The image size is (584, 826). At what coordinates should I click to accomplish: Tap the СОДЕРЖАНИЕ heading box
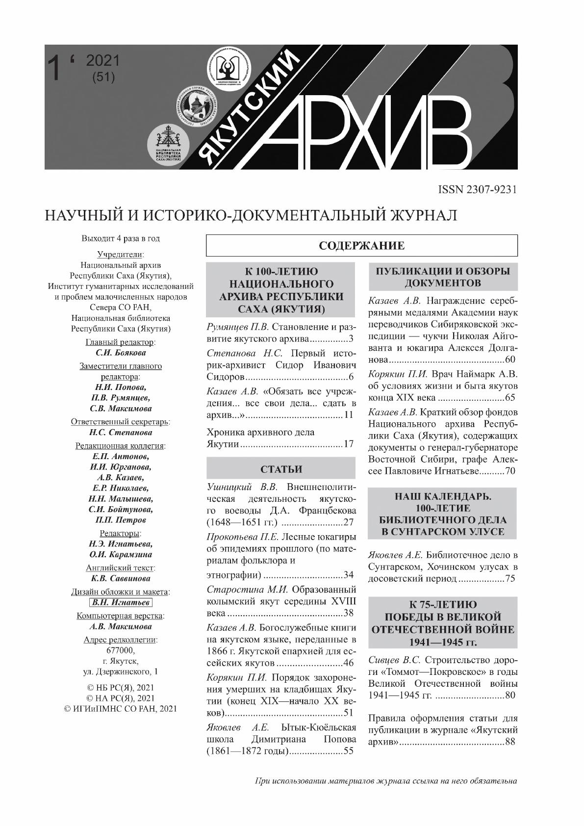(361, 246)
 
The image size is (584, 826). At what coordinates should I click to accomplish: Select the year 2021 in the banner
(102, 60)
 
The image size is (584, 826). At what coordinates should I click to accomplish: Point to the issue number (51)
(103, 77)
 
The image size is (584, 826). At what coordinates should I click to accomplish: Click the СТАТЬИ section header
(281, 469)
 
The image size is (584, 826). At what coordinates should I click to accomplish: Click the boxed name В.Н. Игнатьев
(121, 603)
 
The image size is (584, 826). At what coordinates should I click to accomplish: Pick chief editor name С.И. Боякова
(121, 353)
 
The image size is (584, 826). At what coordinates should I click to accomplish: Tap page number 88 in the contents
(510, 742)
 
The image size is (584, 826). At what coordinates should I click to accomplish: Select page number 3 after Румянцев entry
(351, 339)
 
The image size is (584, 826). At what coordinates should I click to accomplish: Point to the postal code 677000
(120, 650)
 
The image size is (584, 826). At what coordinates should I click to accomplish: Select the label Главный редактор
(120, 342)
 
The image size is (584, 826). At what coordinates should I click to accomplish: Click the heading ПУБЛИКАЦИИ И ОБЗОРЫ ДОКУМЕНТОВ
(443, 277)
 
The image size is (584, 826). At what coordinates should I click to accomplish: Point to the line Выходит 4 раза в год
(121, 239)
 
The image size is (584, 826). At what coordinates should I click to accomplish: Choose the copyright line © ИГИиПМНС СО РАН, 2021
(121, 708)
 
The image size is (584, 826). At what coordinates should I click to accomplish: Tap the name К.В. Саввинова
(121, 579)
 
